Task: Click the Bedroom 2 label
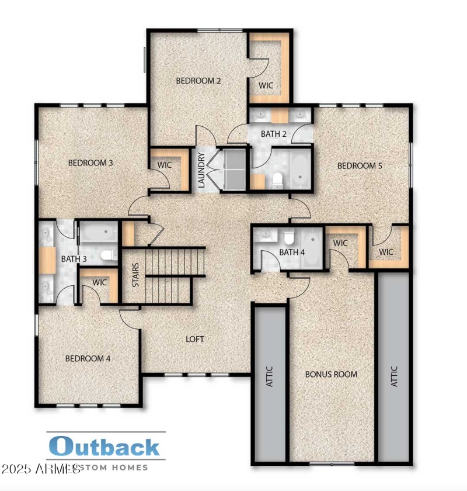(x=198, y=81)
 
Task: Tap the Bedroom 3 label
(x=90, y=162)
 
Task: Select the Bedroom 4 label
(x=88, y=358)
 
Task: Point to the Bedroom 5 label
(x=360, y=166)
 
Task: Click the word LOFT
(x=195, y=339)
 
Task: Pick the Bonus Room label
(x=331, y=374)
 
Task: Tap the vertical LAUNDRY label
(x=201, y=170)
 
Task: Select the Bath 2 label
(x=273, y=134)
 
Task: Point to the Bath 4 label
(x=292, y=253)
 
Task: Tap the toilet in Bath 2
(x=278, y=180)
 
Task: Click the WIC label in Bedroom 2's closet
(x=266, y=85)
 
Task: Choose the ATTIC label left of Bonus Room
(x=270, y=377)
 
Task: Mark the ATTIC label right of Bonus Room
(x=394, y=377)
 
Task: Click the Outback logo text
(x=105, y=447)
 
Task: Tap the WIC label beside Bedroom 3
(x=165, y=165)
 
